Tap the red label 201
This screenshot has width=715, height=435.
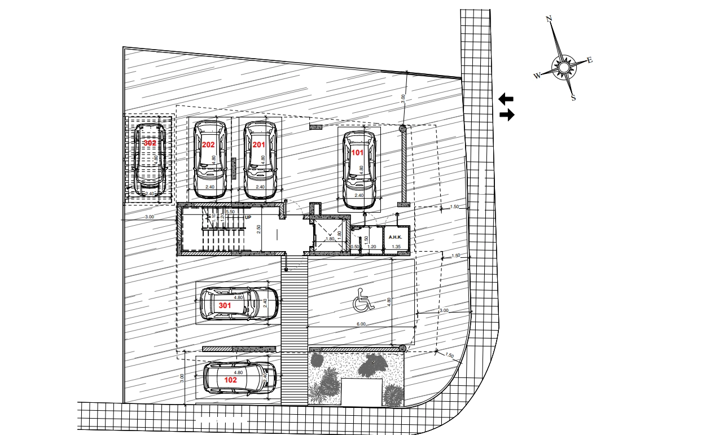258,145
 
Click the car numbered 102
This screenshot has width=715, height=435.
239,378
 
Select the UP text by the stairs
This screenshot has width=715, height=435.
248,217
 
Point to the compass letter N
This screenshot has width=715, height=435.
549,19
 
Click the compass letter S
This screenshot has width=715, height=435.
574,98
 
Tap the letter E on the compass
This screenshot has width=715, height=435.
590,60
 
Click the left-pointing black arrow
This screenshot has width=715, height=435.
506,99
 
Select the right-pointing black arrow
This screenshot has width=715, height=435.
507,115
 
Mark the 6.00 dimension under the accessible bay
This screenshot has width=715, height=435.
361,324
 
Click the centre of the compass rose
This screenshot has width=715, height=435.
563,67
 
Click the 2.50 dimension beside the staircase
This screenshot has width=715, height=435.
258,230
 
